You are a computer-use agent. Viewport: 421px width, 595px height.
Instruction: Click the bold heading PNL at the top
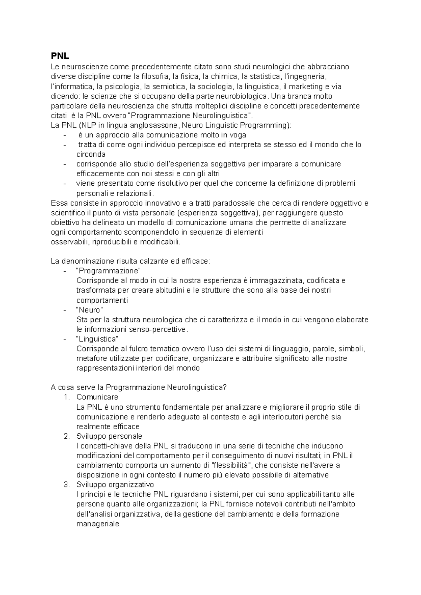tap(60, 56)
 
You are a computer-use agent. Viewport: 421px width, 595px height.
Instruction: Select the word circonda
tap(91, 154)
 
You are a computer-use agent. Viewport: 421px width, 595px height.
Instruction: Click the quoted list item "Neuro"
tap(89, 310)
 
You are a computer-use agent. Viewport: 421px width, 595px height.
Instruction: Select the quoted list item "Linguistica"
tap(97, 339)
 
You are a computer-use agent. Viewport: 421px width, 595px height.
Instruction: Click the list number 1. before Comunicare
tap(67, 397)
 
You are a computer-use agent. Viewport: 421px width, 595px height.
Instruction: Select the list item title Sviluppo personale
tap(109, 436)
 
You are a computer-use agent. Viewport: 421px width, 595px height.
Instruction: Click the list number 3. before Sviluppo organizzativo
tap(67, 485)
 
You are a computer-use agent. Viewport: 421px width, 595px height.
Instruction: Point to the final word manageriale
tap(98, 524)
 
